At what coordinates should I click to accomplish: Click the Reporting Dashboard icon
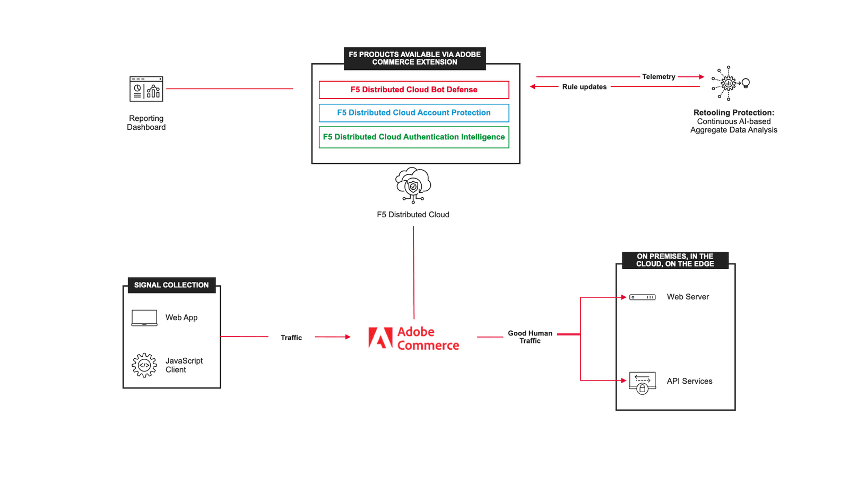pyautogui.click(x=146, y=89)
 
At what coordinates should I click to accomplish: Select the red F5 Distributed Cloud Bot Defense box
pyautogui.click(x=414, y=90)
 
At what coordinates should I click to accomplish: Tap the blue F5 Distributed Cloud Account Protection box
pyautogui.click(x=414, y=113)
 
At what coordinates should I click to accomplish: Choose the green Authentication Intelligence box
pyautogui.click(x=414, y=137)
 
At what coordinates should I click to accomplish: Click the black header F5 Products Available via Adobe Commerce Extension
pyautogui.click(x=414, y=58)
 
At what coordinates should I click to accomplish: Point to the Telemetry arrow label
pyautogui.click(x=659, y=77)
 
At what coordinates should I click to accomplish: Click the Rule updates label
pyautogui.click(x=584, y=87)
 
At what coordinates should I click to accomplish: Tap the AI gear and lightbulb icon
pyautogui.click(x=730, y=83)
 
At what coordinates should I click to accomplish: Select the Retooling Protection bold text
pyautogui.click(x=733, y=112)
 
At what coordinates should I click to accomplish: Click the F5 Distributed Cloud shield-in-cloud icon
pyautogui.click(x=413, y=185)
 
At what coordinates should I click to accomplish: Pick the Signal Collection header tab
pyautogui.click(x=171, y=285)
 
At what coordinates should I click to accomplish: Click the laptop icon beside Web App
pyautogui.click(x=144, y=317)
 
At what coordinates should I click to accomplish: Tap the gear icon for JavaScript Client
pyautogui.click(x=144, y=365)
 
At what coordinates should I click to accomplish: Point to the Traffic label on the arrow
pyautogui.click(x=291, y=338)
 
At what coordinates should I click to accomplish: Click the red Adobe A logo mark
pyautogui.click(x=380, y=338)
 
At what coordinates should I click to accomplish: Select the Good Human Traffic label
pyautogui.click(x=530, y=337)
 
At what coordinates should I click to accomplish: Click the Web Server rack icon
pyautogui.click(x=642, y=297)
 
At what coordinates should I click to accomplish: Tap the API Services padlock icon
pyautogui.click(x=642, y=388)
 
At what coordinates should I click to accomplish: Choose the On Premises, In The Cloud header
pyautogui.click(x=675, y=260)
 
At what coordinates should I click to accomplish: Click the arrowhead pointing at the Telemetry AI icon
pyautogui.click(x=701, y=77)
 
